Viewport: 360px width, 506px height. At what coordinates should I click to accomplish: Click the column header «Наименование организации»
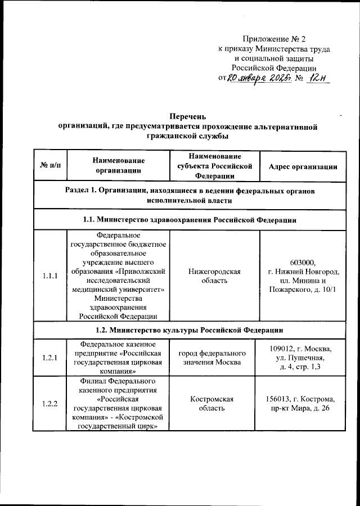(x=118, y=166)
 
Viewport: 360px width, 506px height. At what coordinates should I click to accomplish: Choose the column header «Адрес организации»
(x=303, y=166)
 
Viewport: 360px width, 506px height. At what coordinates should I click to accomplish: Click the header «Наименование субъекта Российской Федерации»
(x=215, y=166)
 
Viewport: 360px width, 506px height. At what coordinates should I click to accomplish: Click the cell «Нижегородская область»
(x=215, y=276)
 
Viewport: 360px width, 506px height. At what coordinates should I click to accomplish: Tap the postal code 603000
(x=303, y=262)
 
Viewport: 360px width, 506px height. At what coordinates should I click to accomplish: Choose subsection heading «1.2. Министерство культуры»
(x=189, y=329)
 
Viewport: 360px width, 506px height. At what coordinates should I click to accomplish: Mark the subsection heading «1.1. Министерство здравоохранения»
(x=189, y=219)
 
